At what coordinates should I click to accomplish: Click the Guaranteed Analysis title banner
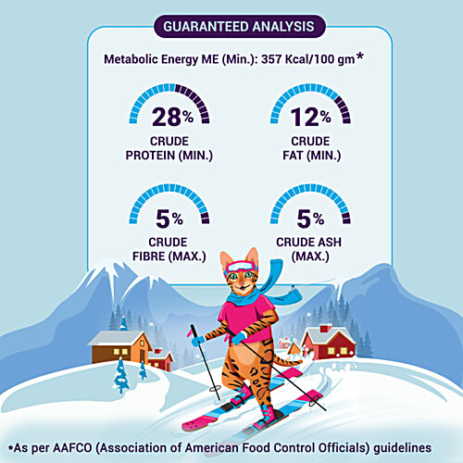[x=240, y=27]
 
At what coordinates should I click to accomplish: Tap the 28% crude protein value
[x=172, y=117]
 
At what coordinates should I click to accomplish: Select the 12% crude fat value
[x=310, y=117]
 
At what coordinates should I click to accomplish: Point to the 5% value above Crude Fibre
[x=169, y=219]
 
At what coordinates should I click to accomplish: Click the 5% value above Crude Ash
[x=310, y=219]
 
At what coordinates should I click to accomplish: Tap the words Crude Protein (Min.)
[x=169, y=148]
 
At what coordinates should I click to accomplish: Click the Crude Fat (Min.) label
[x=311, y=148]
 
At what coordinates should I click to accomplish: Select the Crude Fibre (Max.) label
[x=169, y=249]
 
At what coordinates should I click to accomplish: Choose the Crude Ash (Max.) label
[x=309, y=249]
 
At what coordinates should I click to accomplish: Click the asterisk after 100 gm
[x=359, y=56]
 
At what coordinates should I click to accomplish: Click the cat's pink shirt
[x=246, y=318]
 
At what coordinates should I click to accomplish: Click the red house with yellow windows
[x=329, y=344]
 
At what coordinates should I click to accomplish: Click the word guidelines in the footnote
[x=403, y=448]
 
